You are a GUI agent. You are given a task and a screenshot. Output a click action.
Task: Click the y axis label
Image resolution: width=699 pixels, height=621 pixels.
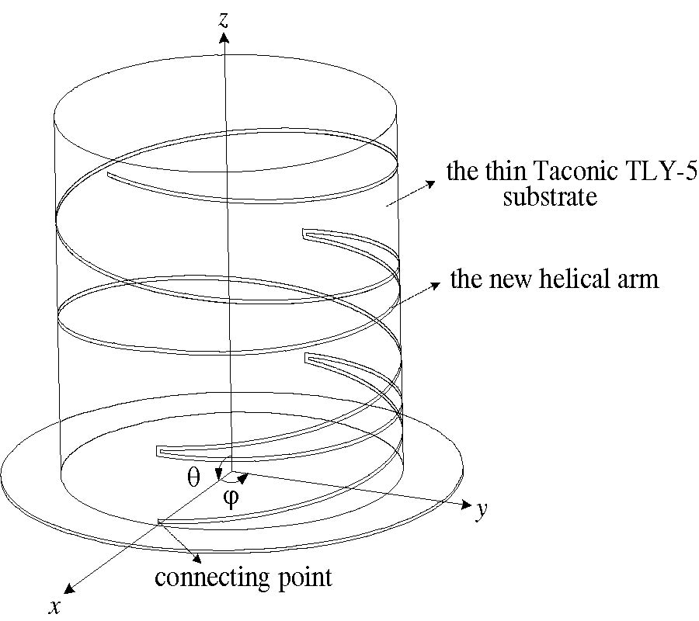482,510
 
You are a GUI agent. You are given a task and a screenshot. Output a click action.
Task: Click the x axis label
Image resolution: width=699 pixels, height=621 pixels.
55,606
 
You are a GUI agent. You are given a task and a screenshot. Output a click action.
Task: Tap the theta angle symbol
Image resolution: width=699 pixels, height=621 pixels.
193,477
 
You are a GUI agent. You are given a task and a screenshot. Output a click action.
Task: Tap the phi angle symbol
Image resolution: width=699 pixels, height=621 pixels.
231,498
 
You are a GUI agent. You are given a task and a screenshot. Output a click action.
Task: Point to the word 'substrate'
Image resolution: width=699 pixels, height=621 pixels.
550,196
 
